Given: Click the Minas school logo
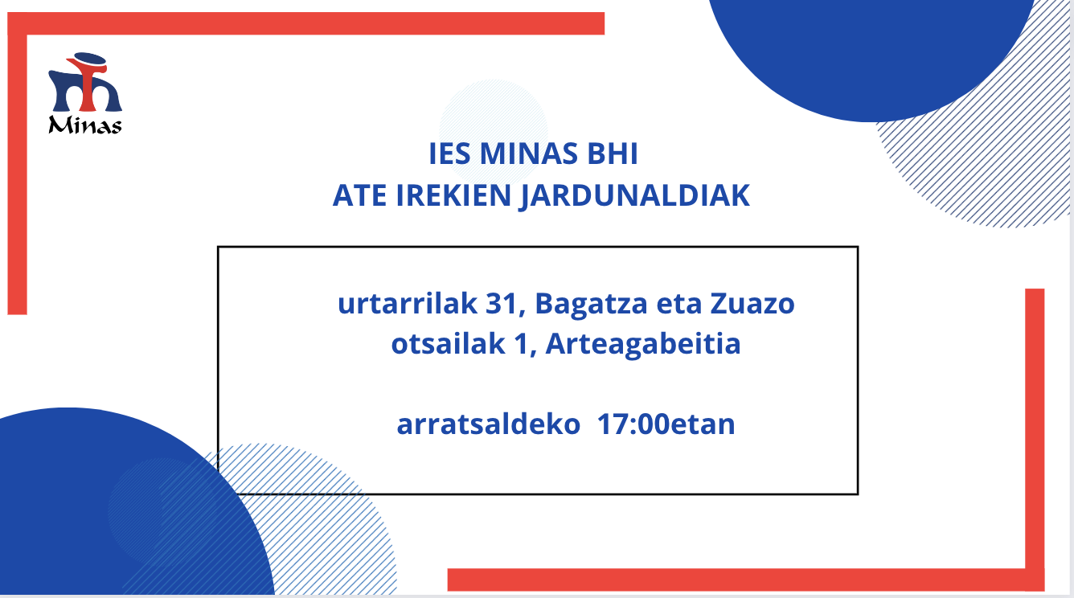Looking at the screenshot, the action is [85, 93].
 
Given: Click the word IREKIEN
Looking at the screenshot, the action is [453, 195].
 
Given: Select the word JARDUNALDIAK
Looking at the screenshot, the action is [635, 197].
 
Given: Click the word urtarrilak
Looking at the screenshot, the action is [408, 304].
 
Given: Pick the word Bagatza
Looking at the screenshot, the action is [591, 305].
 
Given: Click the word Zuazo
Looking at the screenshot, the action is [752, 305].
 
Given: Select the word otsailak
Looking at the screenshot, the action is [449, 344].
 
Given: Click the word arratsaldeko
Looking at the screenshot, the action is [489, 424].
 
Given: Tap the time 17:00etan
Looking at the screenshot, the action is [666, 424].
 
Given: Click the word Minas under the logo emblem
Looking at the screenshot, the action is [85, 125].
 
